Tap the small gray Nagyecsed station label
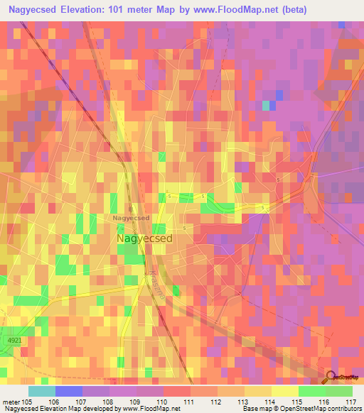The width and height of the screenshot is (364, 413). click(132, 218)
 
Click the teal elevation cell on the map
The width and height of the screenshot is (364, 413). click(266, 106)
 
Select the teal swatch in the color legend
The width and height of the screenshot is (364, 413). click(42, 391)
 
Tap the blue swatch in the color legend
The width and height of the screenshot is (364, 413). click(69, 391)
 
